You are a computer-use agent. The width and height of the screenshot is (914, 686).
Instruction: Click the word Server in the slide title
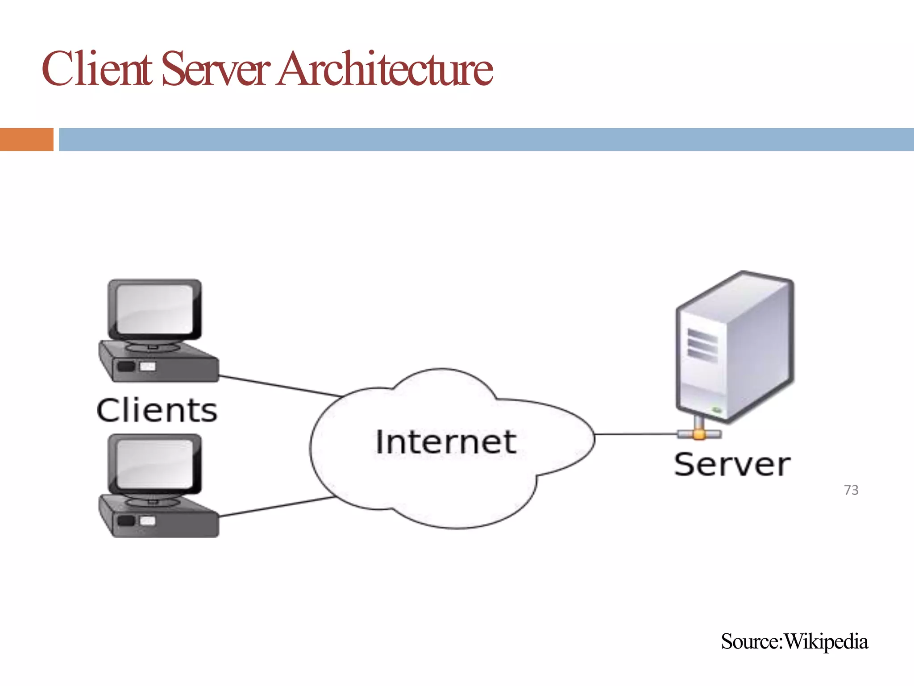coord(215,69)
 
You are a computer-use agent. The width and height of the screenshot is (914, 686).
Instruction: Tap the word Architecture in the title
coord(385,69)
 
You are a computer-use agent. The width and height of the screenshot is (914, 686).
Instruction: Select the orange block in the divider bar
coord(26,139)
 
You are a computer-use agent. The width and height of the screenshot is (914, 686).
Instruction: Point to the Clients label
coord(157,410)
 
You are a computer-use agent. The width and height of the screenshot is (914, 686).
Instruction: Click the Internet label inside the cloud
coord(445,442)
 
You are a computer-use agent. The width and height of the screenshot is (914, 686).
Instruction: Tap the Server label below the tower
coord(732,465)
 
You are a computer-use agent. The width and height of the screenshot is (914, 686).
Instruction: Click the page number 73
coord(851,490)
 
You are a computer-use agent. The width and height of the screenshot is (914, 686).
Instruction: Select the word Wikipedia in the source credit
coord(826,641)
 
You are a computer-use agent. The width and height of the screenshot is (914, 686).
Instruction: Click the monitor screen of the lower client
coord(154,464)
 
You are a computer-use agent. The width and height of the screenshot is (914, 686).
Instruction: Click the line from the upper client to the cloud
coord(279,385)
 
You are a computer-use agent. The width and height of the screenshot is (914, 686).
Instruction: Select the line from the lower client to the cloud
coord(277,507)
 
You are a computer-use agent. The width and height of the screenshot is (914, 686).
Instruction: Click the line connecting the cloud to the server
coord(636,434)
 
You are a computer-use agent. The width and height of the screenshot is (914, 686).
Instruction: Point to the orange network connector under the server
coord(699,434)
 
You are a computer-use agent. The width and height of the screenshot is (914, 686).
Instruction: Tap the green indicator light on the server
coord(717,409)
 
